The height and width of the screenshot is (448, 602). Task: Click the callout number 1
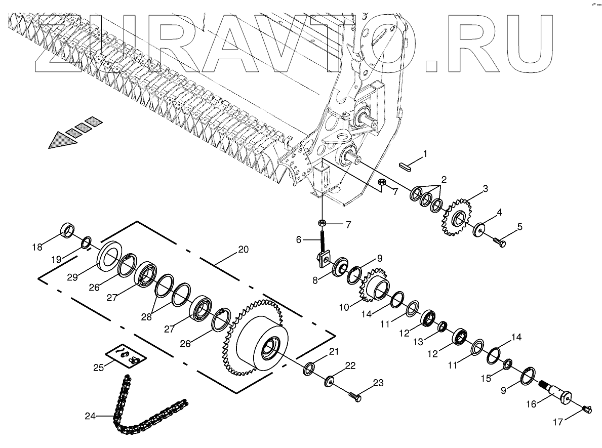click(425, 152)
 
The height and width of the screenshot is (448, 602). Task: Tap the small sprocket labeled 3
click(457, 218)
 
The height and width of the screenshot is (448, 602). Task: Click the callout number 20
click(243, 250)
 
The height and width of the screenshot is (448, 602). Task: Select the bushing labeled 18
click(68, 230)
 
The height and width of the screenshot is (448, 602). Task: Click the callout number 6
click(299, 240)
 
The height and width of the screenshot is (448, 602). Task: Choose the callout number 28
click(146, 317)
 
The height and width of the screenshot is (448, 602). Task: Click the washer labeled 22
click(330, 380)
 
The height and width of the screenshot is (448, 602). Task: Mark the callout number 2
click(444, 179)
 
